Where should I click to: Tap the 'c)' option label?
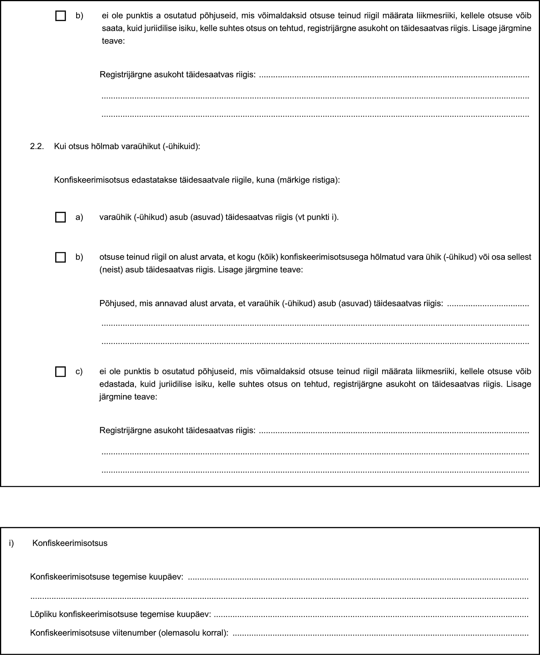(79, 372)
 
